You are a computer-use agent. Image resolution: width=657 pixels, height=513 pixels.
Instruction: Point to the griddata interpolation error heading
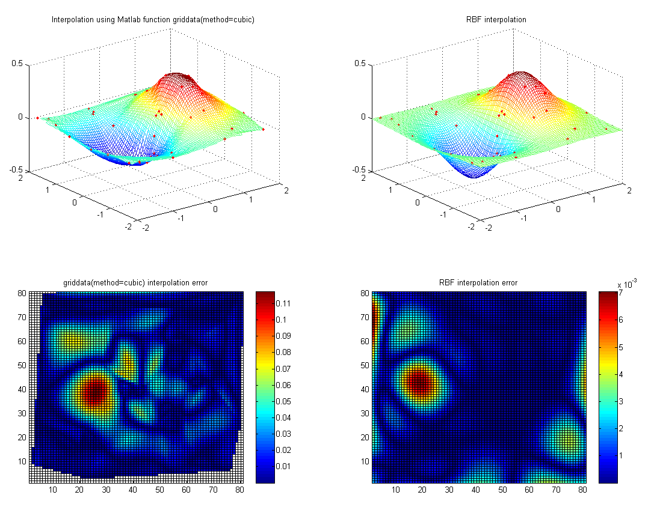(x=135, y=282)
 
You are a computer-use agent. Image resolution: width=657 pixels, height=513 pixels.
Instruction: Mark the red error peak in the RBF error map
(x=419, y=381)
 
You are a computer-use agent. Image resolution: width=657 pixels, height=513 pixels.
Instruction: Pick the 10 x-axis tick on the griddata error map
(x=53, y=491)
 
